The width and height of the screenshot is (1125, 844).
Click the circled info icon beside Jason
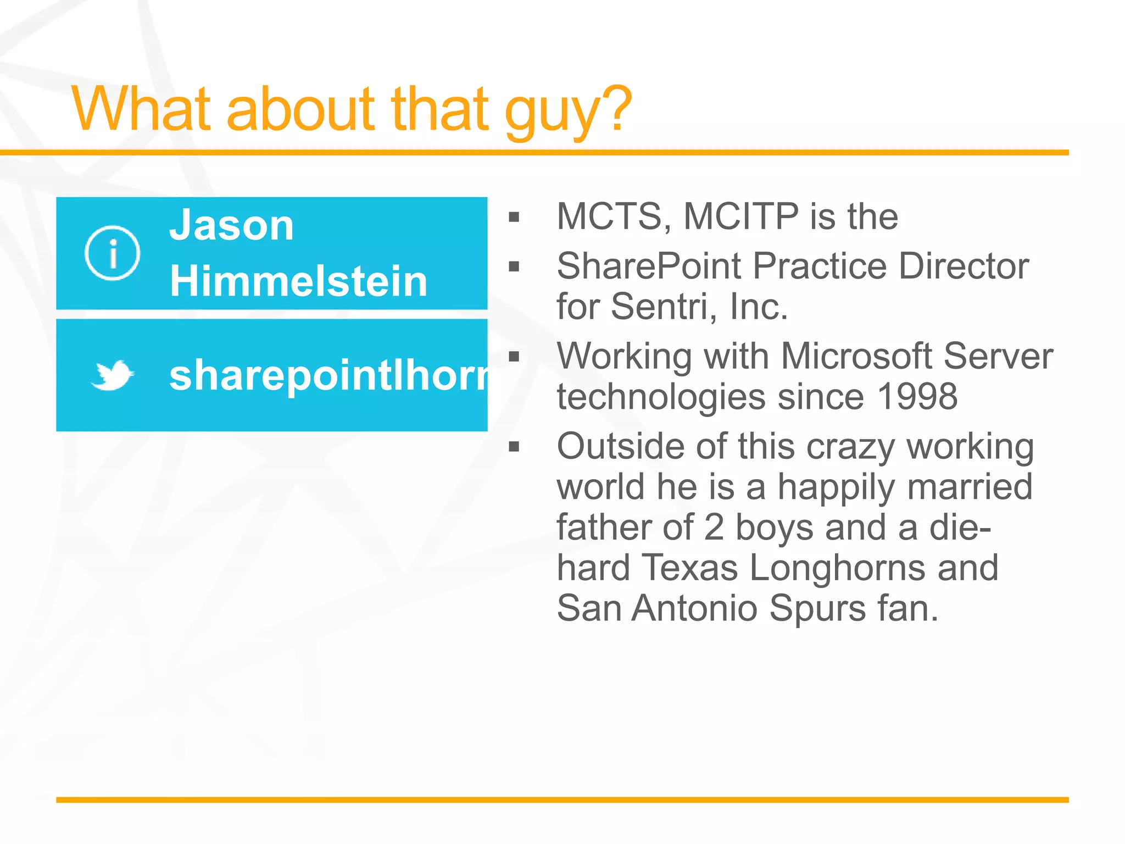click(112, 253)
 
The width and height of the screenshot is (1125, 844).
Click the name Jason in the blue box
click(231, 226)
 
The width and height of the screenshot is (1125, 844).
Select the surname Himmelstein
click(298, 281)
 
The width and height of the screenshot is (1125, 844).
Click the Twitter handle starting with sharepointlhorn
click(328, 375)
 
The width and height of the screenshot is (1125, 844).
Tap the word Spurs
click(817, 608)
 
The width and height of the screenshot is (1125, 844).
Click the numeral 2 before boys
click(714, 527)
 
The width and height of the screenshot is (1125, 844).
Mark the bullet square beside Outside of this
click(514, 446)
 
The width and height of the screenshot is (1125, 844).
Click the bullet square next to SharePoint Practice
click(514, 267)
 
